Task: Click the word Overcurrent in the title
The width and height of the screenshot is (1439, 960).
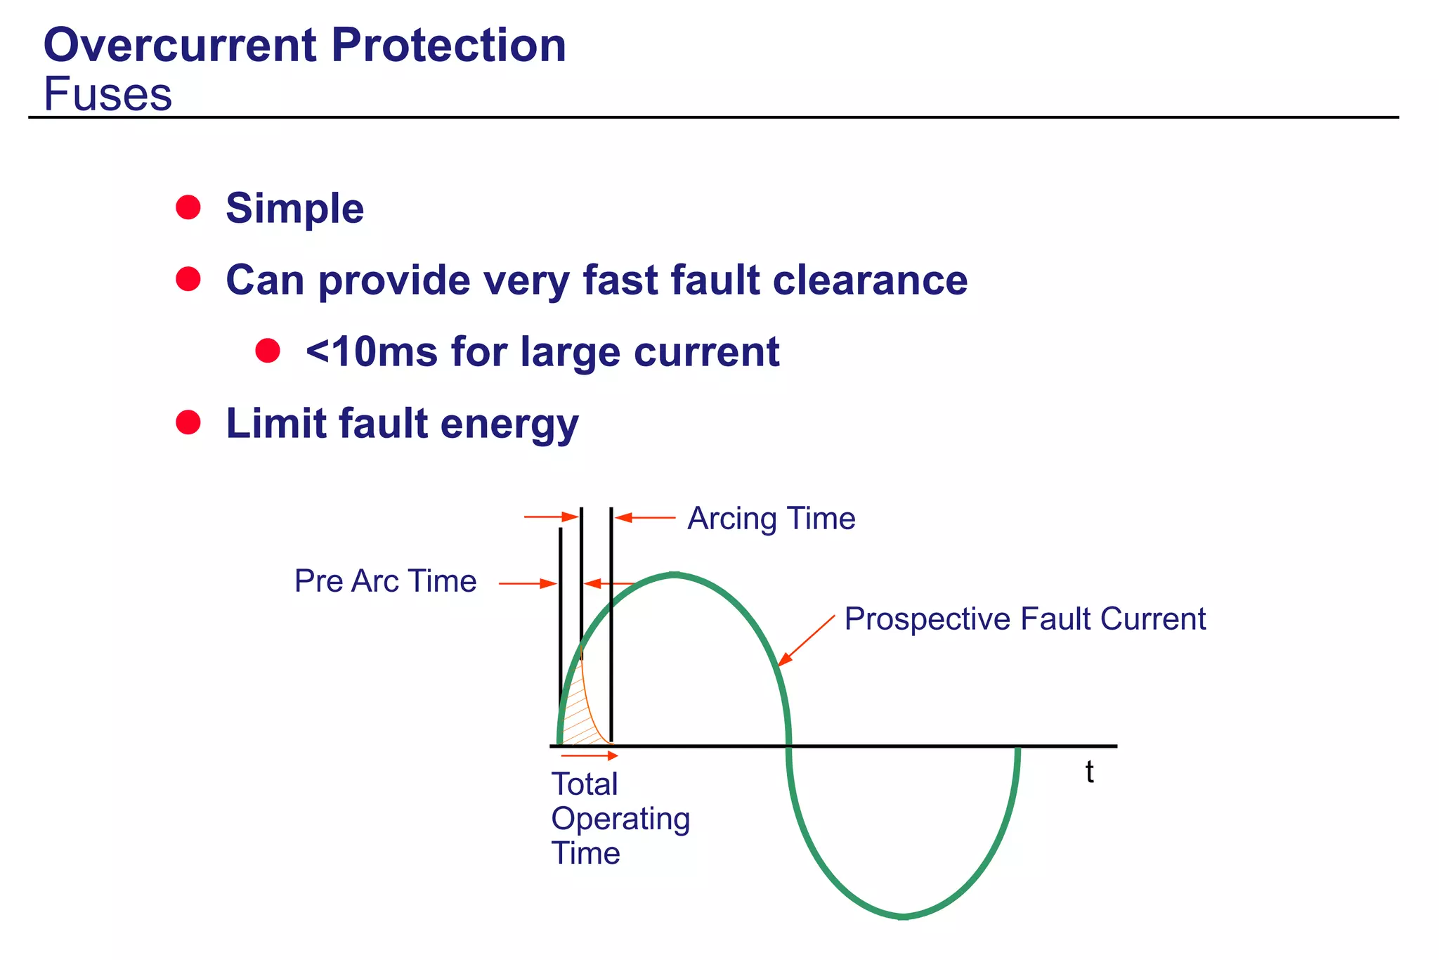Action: [180, 46]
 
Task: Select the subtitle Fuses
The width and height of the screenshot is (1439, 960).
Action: [108, 94]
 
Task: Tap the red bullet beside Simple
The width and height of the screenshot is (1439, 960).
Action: [188, 207]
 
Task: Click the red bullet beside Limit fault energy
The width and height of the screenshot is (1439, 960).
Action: [188, 422]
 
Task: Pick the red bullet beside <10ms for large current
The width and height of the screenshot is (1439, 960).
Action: [268, 350]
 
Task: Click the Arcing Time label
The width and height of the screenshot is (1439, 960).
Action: [771, 519]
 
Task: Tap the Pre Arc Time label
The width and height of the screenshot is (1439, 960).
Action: [385, 581]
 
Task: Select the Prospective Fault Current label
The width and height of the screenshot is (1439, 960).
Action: [1024, 619]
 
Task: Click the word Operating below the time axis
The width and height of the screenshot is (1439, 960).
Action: [620, 819]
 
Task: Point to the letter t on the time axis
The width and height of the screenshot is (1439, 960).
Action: [1089, 772]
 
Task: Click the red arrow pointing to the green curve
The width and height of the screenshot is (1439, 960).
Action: [807, 640]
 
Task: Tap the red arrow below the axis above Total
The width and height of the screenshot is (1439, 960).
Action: [590, 755]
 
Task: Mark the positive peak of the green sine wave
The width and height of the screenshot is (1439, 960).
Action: [675, 575]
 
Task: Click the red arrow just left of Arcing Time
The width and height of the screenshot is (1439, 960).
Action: [645, 518]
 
